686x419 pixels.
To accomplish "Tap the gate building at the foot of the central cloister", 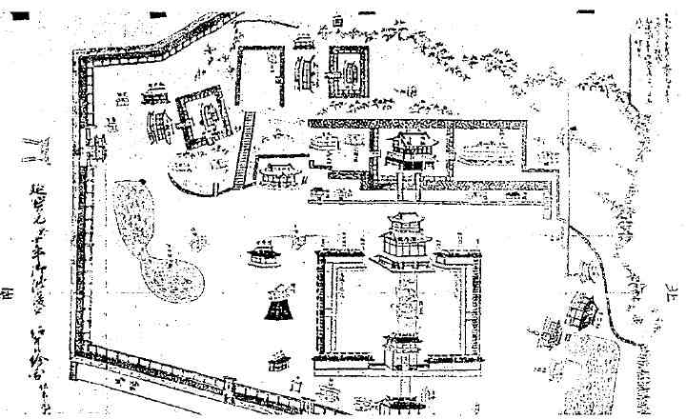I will pos(399,349).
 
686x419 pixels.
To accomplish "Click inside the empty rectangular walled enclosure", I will pos(259,81).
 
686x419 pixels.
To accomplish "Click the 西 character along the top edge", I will pos(338,20).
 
